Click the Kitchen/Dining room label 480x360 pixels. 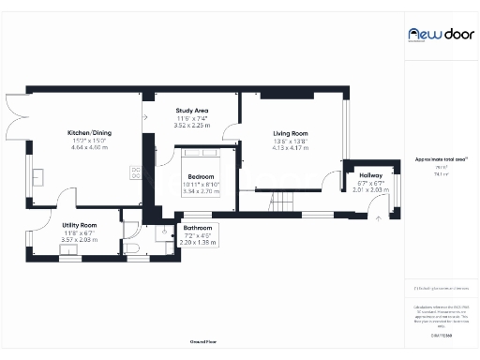(89, 133)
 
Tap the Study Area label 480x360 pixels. (191, 111)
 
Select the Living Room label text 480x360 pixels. (290, 133)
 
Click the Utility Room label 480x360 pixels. (80, 225)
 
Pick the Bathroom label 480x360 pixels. (198, 228)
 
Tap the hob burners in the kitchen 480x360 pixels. (135, 172)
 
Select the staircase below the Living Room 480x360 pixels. (282, 202)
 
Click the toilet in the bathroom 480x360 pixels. (132, 247)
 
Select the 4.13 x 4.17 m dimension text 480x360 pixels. (290, 148)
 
